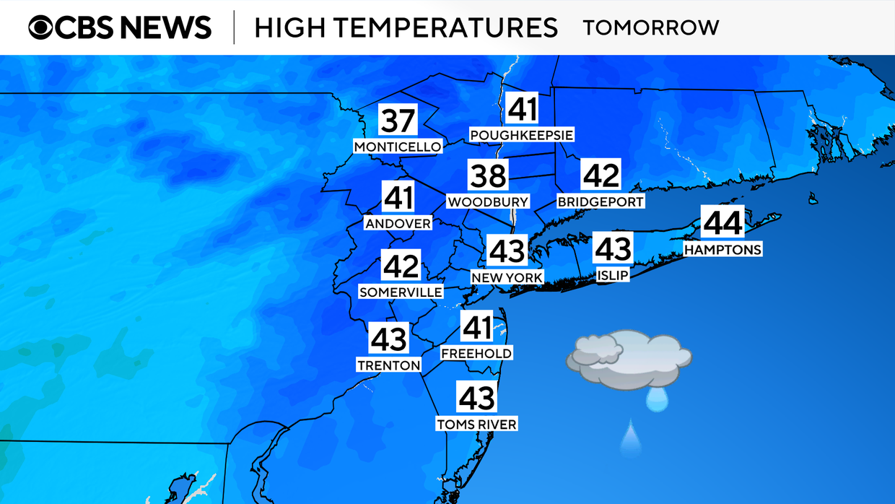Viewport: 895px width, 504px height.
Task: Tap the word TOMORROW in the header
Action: coord(650,28)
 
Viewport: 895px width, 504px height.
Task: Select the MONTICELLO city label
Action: coord(397,147)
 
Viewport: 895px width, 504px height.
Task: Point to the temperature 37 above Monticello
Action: coord(397,121)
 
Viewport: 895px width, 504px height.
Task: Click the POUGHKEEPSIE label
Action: coord(521,135)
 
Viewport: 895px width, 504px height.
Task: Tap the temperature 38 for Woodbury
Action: coord(489,175)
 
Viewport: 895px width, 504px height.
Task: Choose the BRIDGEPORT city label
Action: coord(601,202)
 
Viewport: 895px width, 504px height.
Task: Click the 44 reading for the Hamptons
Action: coord(722,222)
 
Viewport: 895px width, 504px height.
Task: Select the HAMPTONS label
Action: coord(722,250)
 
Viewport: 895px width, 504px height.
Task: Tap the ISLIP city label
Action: coord(613,275)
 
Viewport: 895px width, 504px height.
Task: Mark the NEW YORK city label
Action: coord(507,277)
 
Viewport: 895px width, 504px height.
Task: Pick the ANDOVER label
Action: coord(398,224)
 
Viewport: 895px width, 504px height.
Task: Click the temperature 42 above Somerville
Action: coord(401,266)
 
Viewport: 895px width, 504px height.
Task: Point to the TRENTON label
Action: coord(388,365)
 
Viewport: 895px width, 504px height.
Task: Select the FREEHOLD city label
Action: coord(476,353)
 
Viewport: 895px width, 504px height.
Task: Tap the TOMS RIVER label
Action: coord(476,425)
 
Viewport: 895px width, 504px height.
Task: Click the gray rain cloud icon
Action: coord(629,360)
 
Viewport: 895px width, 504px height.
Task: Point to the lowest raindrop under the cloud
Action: coord(630,438)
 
